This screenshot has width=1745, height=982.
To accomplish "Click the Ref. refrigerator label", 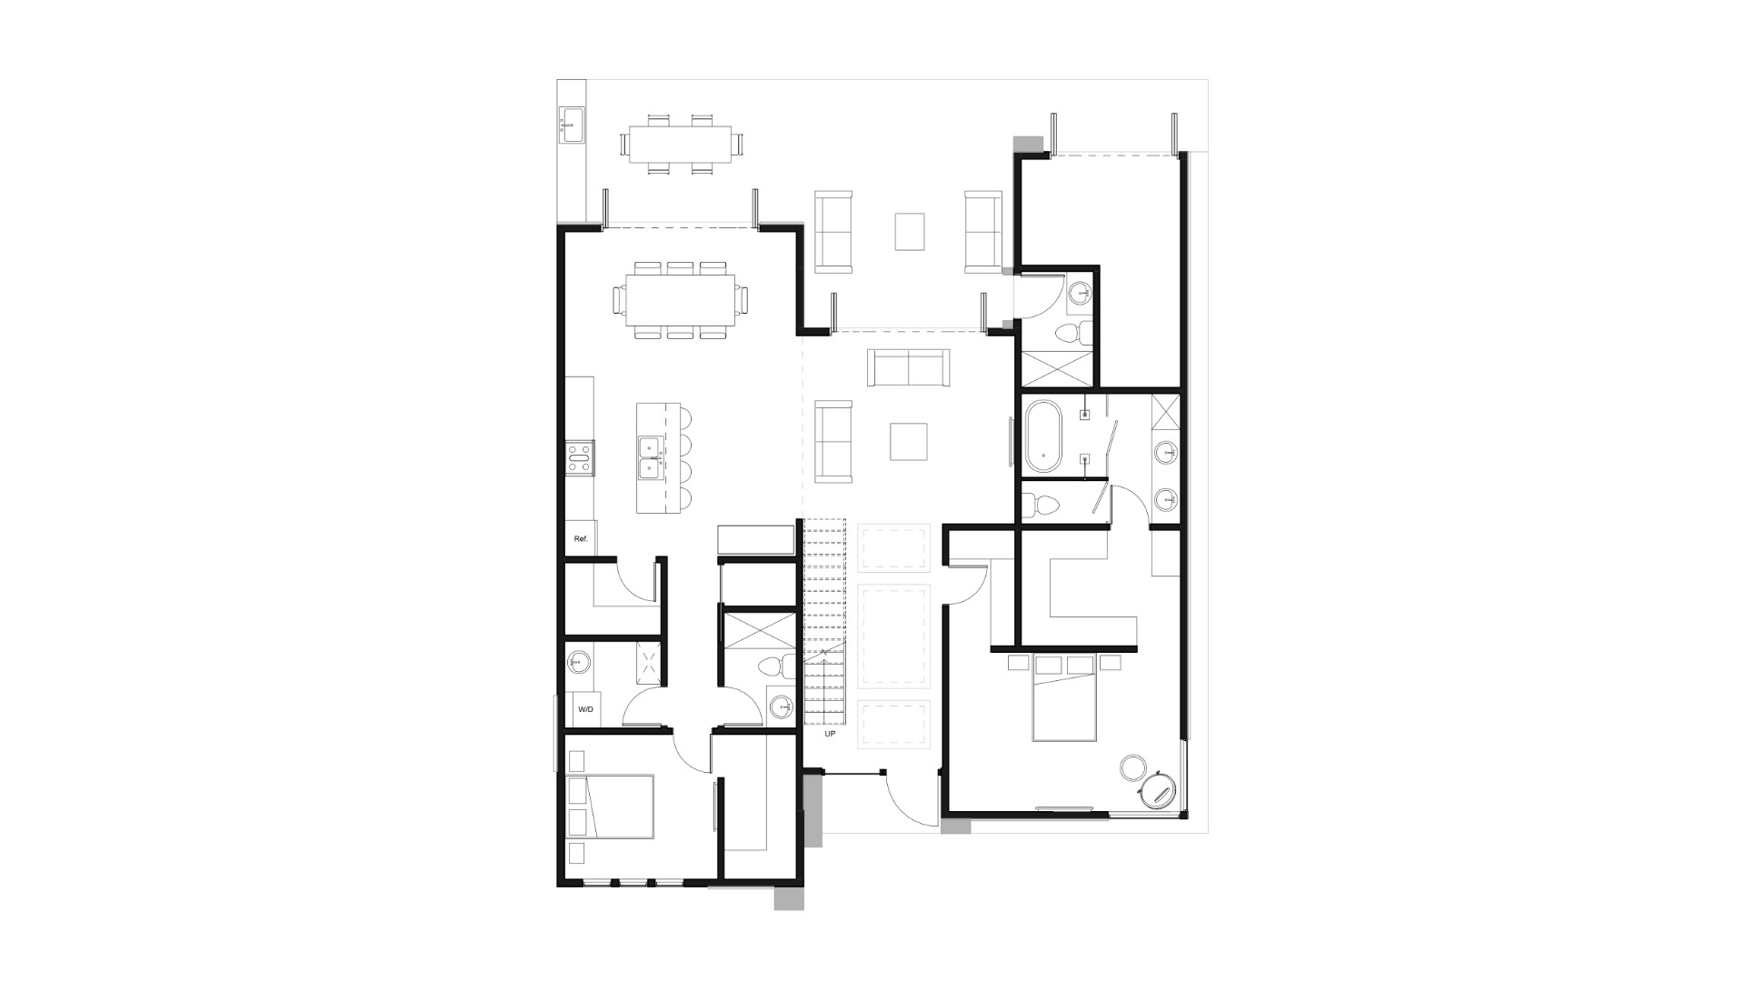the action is coord(581,539).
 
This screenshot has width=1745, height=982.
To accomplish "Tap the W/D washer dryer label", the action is coord(585,709).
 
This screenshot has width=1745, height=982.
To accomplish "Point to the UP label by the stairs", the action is coord(829,733).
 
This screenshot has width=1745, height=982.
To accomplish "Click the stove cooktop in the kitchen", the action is coord(580,457).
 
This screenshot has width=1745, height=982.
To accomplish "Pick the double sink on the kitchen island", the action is coord(649,457).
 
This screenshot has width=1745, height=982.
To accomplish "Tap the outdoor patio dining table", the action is coord(681,144).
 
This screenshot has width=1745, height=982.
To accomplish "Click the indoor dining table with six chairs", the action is coord(680,299).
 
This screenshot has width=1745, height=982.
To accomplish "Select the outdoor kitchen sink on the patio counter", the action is coord(572,125).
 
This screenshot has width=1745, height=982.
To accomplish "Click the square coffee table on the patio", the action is coord(910,231).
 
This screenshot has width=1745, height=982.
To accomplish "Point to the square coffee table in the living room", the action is coord(908,442).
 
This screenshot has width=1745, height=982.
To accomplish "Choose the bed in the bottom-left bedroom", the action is coord(610,807).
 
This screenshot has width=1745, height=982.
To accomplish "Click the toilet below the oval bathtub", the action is coord(1039,503).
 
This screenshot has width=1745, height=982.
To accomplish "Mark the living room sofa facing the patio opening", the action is coord(908,367).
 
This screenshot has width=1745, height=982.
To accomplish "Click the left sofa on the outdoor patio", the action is coord(833,232).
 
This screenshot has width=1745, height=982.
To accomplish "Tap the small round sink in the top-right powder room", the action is coord(1080,293).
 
